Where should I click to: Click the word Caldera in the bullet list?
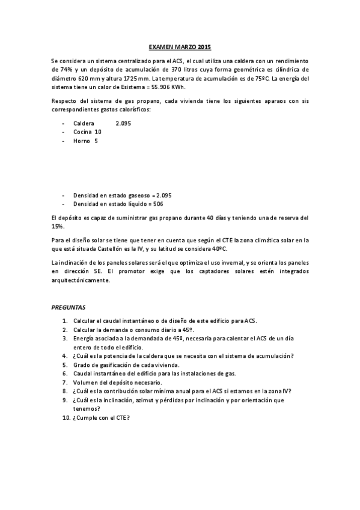84,123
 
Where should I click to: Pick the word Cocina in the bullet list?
83,132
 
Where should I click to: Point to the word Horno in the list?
82,141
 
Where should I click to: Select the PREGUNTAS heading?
69,307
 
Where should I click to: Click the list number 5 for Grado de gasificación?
64,364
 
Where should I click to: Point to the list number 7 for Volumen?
64,382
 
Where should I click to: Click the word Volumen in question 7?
85,382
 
